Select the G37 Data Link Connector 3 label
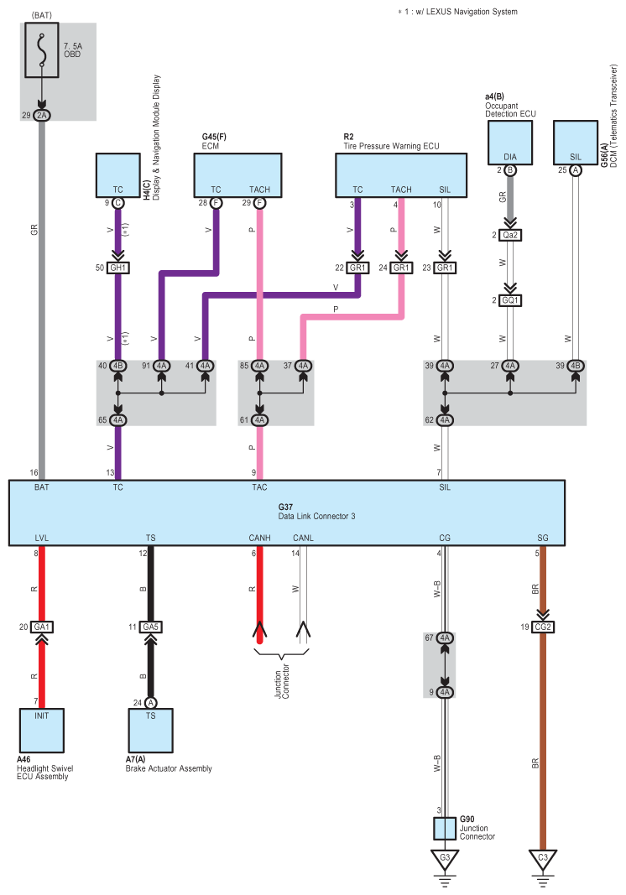pyautogui.click(x=316, y=511)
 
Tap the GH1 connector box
pyautogui.click(x=118, y=268)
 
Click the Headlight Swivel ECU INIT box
pyautogui.click(x=42, y=731)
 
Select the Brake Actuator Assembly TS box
pyautogui.click(x=150, y=731)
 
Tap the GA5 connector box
pyautogui.click(x=151, y=627)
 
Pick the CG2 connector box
pyautogui.click(x=543, y=627)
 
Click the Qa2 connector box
pyautogui.click(x=510, y=236)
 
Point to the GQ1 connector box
pyautogui.click(x=510, y=299)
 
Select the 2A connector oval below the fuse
pyautogui.click(x=42, y=115)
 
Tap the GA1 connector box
pyautogui.click(x=42, y=627)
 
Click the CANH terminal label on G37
pyautogui.click(x=259, y=538)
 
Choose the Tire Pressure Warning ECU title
pyautogui.click(x=391, y=146)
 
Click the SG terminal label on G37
pyautogui.click(x=543, y=538)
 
